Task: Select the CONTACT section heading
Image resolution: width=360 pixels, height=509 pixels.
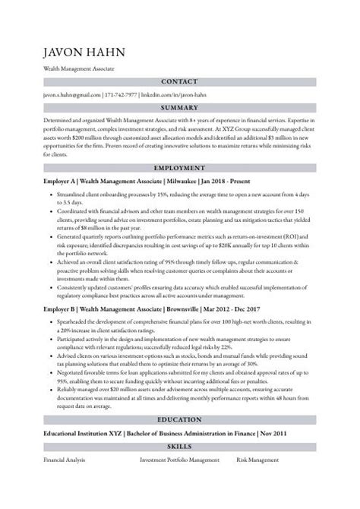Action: coord(180,82)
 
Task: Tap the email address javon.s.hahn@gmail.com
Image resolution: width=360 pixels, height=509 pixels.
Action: coord(72,95)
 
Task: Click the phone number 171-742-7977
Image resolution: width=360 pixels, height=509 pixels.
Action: coord(122,95)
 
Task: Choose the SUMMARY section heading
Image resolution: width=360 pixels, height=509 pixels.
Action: coord(180,108)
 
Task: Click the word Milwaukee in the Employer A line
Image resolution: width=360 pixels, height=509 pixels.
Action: coord(180,182)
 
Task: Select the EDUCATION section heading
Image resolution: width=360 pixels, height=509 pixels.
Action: coord(180,419)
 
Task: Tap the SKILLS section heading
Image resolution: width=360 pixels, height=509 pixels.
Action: coord(180,447)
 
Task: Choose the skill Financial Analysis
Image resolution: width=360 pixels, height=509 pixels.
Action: coord(65,460)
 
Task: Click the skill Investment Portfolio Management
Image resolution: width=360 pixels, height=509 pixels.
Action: coord(180,460)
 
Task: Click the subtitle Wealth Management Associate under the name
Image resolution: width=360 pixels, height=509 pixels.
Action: coord(79,69)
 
